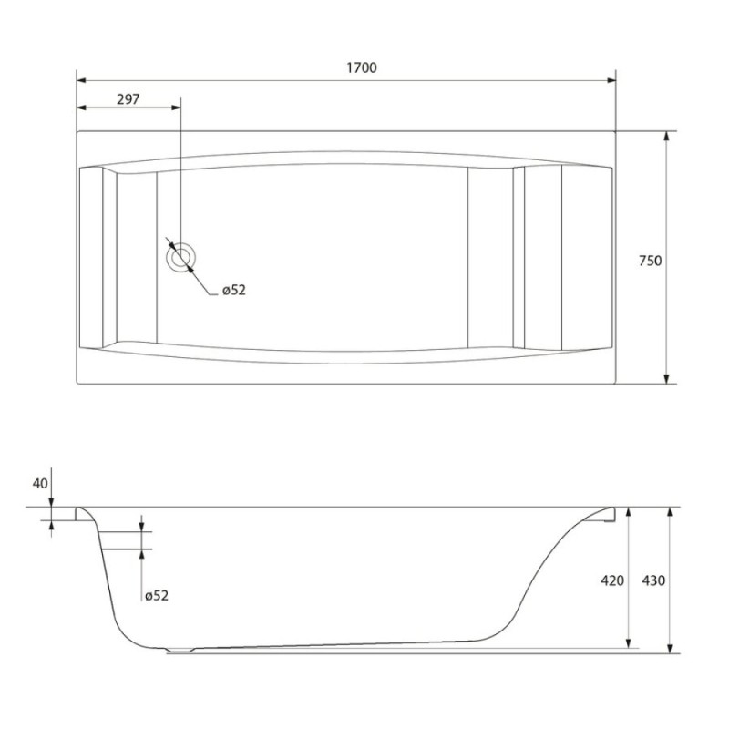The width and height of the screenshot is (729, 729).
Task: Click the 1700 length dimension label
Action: click(x=362, y=67)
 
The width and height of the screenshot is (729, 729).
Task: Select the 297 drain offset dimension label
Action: click(x=128, y=99)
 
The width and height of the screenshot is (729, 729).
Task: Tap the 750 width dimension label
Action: click(x=650, y=261)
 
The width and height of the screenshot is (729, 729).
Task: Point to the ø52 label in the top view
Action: click(x=234, y=290)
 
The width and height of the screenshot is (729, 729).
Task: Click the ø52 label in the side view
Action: click(x=157, y=596)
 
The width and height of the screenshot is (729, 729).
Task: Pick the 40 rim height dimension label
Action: click(x=40, y=484)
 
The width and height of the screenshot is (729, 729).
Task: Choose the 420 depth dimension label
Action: click(x=612, y=580)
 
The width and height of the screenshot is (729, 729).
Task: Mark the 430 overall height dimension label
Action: click(x=653, y=580)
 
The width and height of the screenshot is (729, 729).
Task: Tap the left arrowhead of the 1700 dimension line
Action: click(x=81, y=80)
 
